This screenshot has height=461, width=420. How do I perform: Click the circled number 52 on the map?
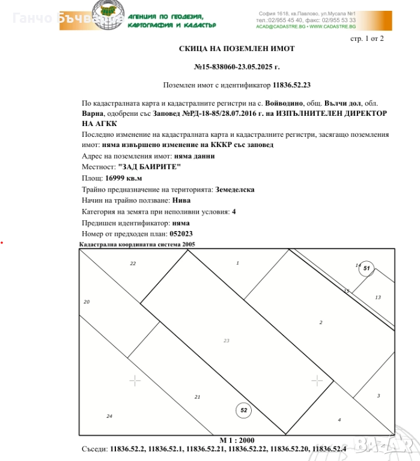(243, 411)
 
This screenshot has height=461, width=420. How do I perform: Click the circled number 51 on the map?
(367, 268)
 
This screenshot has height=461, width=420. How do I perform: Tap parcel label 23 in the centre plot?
(227, 340)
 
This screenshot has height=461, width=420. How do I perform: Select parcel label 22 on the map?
(133, 264)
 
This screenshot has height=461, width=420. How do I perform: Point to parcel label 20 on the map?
(87, 302)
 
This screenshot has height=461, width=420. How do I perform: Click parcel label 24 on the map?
(109, 416)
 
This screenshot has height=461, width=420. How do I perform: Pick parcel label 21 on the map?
(197, 397)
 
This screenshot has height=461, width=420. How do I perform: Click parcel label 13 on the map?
(378, 297)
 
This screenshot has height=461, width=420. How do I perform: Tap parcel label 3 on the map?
(379, 396)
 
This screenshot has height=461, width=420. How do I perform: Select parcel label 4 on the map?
(339, 420)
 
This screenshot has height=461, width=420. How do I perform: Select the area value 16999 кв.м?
(123, 178)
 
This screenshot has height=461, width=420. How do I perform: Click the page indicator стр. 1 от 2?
(367, 38)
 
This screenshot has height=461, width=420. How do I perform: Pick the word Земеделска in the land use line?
(235, 189)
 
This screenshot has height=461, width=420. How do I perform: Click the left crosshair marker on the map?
(135, 380)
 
